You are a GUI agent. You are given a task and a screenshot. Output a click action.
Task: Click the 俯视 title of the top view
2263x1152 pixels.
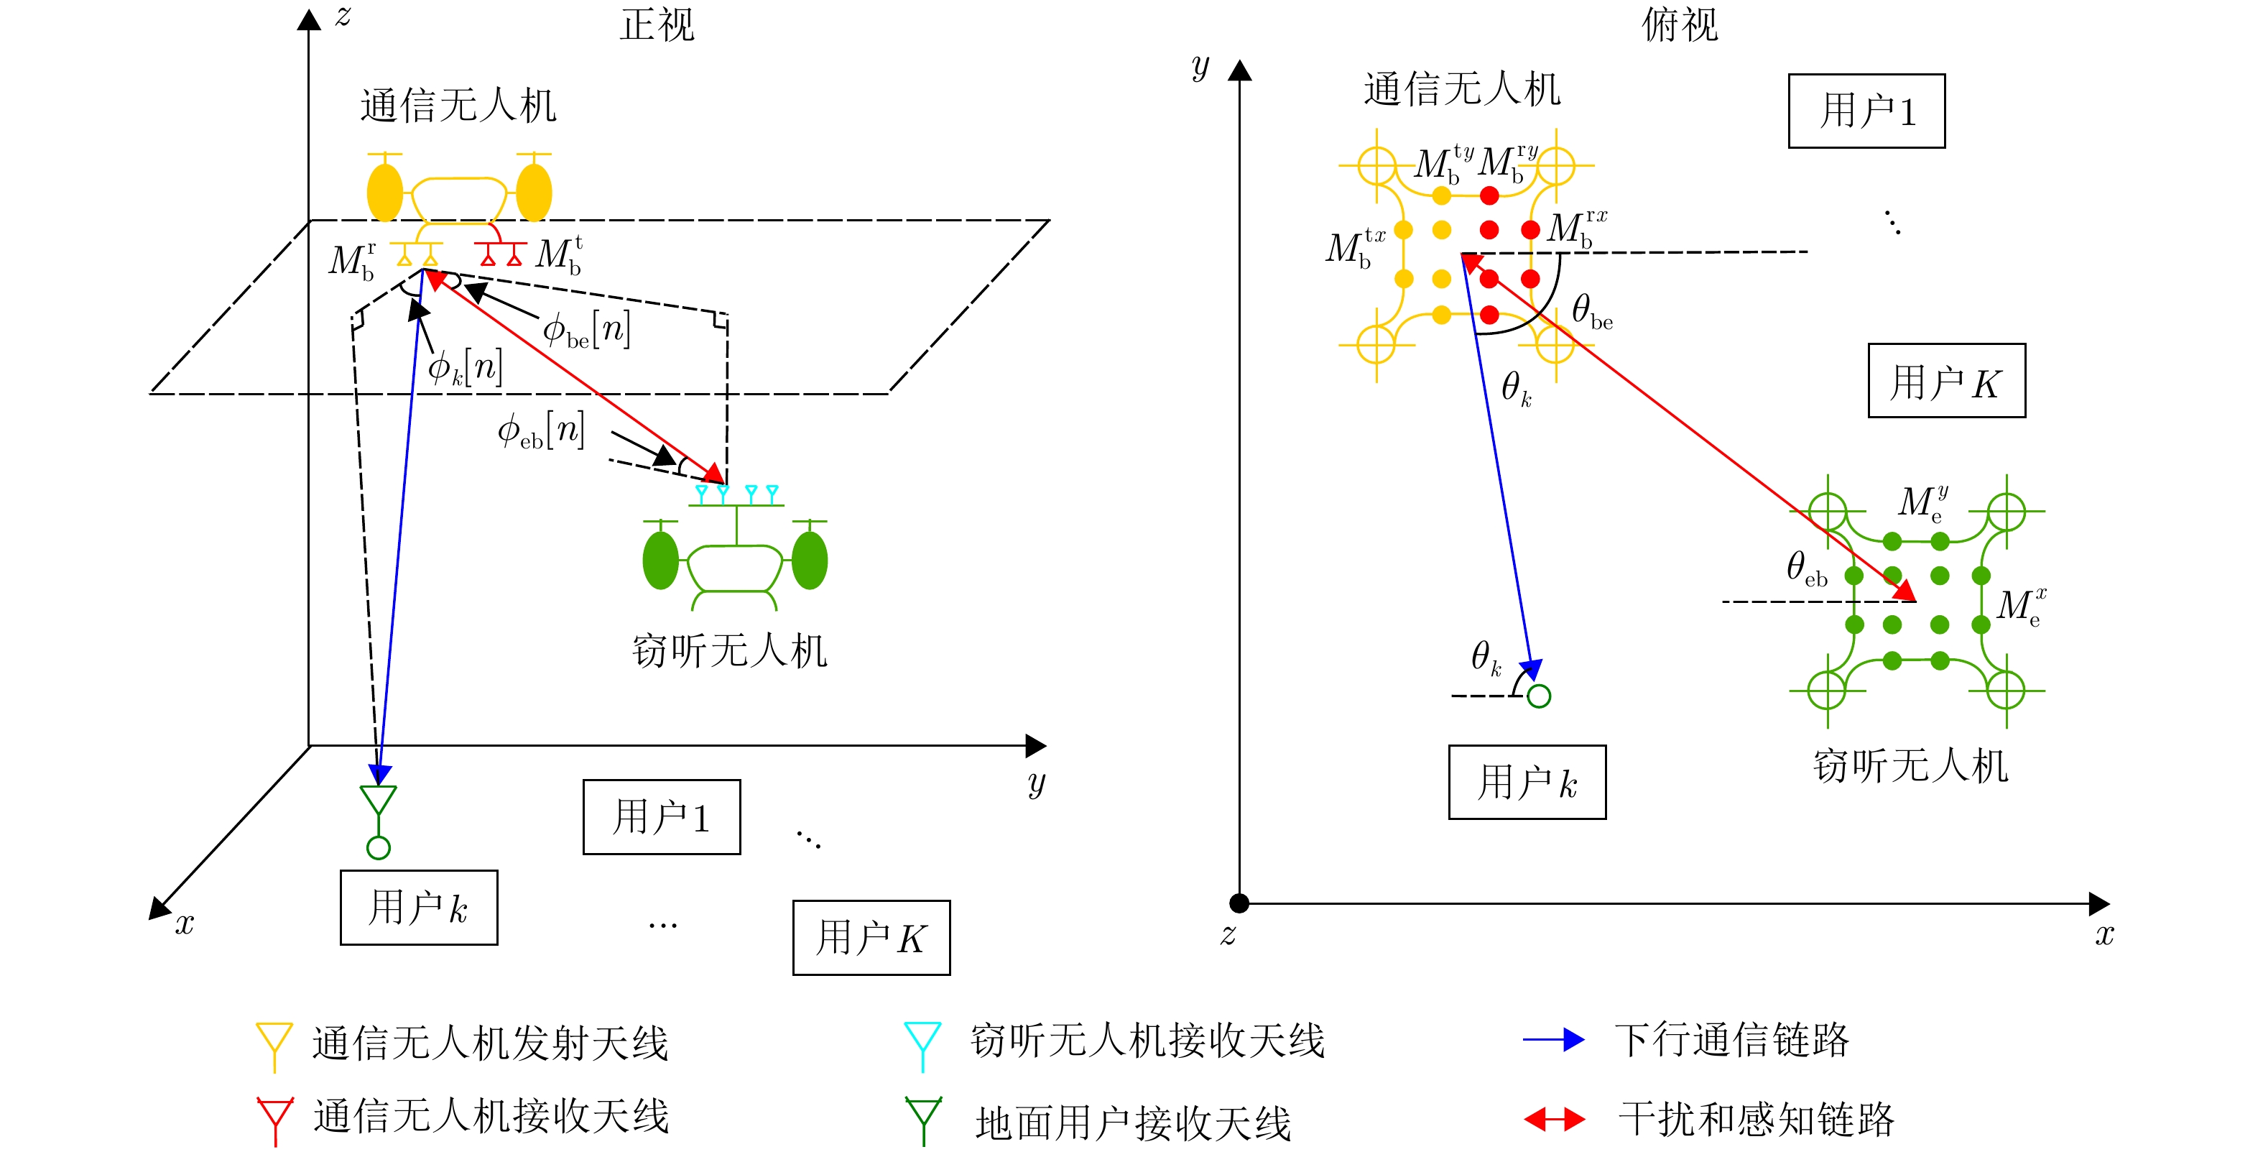tap(1679, 24)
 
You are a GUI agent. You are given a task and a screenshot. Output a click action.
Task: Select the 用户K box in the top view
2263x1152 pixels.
tap(1946, 380)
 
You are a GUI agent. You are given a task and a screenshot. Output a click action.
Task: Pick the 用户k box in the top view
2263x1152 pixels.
tap(1527, 782)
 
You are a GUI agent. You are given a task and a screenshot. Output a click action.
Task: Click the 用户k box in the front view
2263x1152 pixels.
tap(418, 907)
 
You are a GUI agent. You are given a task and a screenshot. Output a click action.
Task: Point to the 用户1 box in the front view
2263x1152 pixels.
tap(661, 816)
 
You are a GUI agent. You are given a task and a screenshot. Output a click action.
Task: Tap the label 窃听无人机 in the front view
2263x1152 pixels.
tap(729, 651)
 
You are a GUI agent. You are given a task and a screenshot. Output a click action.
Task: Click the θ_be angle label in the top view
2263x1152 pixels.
tap(1591, 311)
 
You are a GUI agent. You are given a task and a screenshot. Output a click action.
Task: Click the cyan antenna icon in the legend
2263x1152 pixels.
tap(922, 1042)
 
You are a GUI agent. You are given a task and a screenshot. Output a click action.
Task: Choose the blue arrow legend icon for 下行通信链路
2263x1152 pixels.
tap(1553, 1041)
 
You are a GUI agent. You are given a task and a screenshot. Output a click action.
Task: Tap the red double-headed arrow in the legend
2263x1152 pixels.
tap(1553, 1120)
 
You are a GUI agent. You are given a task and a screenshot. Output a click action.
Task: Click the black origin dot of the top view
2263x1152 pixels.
tap(1239, 903)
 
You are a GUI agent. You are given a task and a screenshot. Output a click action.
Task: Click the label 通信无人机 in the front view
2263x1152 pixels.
tap(458, 106)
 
